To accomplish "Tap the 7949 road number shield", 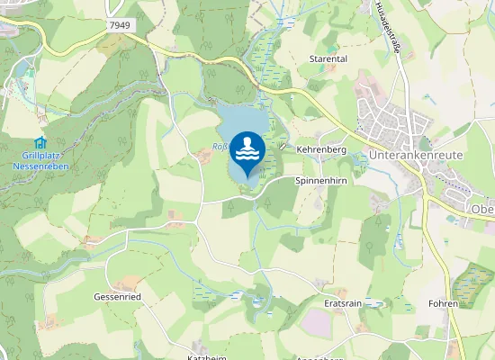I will coord(121,26).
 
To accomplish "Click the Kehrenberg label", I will coord(321,148).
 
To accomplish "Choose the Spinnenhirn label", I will coord(321,180).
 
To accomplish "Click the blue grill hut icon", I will coord(39,142).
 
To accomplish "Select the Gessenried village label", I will coord(117,296).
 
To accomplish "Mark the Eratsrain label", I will coord(342,304).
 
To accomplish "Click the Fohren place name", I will coord(444,303).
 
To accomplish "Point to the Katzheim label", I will coord(205,356).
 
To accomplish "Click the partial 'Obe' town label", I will coord(482,208).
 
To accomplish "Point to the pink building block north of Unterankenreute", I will coord(373,87).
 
